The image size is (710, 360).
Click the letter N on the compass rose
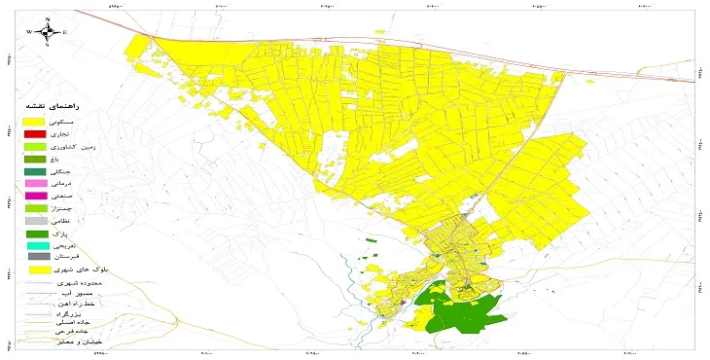[x=48, y=19]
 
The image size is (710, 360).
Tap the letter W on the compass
[x=30, y=32]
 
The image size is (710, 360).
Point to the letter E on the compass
[x=64, y=32]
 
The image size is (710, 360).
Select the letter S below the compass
[x=47, y=46]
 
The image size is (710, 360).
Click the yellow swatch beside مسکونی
[x=36, y=117]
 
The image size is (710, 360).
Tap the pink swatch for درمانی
[x=36, y=183]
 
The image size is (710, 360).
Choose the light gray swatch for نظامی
[x=36, y=221]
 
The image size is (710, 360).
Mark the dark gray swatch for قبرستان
[x=36, y=257]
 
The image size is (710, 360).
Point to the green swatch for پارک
[x=36, y=234]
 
